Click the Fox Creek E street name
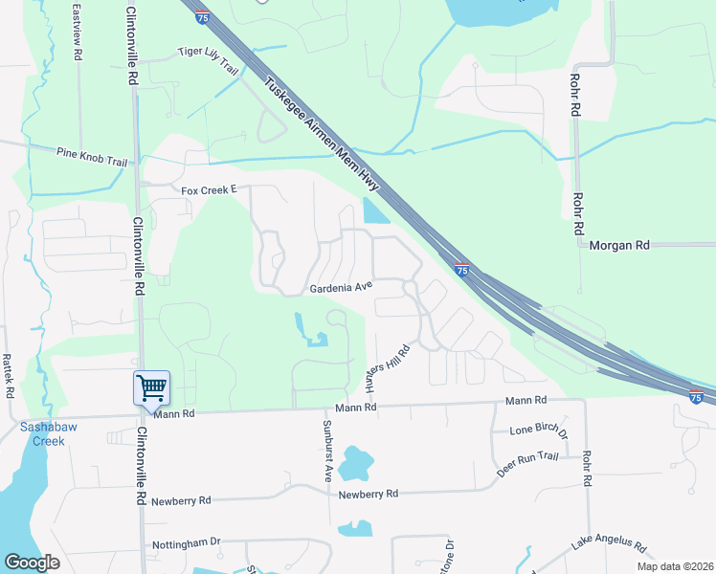[x=209, y=190]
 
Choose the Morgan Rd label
[x=619, y=245]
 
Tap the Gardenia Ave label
[x=340, y=286]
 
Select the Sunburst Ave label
[x=326, y=449]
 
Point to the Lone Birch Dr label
[x=539, y=432]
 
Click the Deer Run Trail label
[x=527, y=466]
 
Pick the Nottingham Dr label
[x=187, y=545]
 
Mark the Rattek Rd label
[x=8, y=376]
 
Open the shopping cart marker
[x=151, y=388]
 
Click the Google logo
[x=32, y=563]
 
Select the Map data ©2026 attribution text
[x=675, y=566]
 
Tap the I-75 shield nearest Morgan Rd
[x=461, y=271]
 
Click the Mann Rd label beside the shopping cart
[x=173, y=413]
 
